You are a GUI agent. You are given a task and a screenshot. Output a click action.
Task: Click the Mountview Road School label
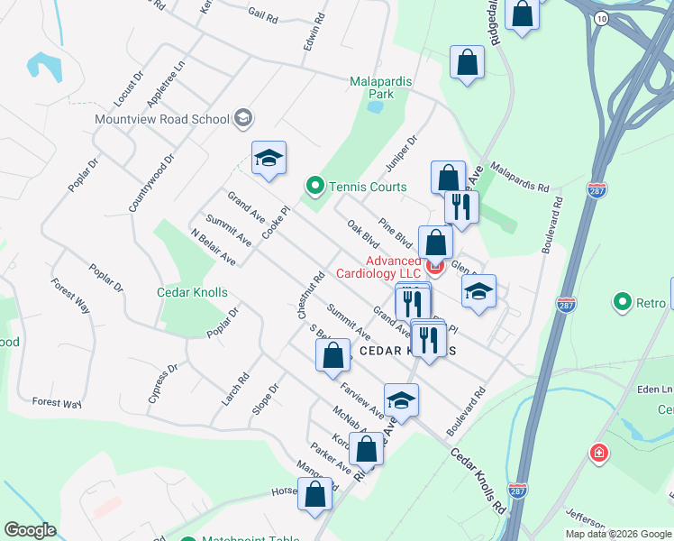pyautogui.click(x=162, y=118)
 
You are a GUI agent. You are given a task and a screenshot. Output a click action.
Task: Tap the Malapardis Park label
pyautogui.click(x=381, y=87)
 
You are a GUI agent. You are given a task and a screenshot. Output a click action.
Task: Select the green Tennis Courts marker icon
pyautogui.click(x=314, y=187)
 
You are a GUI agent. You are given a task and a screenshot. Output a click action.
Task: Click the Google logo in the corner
pyautogui.click(x=31, y=530)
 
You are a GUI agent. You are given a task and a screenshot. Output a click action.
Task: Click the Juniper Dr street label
pyautogui.click(x=402, y=153)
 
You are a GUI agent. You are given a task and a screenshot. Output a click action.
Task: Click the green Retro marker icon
pyautogui.click(x=622, y=303)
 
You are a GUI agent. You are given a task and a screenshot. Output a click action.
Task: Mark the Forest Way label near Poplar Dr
pyautogui.click(x=70, y=294)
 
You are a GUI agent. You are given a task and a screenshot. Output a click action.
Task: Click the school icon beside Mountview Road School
pyautogui.click(x=242, y=118)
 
